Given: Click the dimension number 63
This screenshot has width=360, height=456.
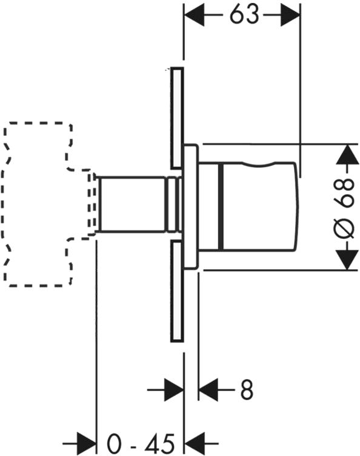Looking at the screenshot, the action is (244, 15).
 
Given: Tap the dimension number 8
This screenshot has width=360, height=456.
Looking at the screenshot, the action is (247, 390).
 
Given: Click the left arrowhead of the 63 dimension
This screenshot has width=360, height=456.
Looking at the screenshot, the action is (194, 15).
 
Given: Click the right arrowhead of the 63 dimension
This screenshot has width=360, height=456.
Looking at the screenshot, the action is (290, 15).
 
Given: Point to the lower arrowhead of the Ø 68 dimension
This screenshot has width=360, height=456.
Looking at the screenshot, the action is (347, 259).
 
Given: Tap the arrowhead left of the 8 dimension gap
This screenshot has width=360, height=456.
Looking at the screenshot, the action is (174, 390).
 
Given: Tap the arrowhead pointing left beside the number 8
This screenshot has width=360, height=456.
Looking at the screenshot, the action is (208, 390).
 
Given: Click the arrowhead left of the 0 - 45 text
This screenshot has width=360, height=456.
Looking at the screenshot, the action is (87, 444).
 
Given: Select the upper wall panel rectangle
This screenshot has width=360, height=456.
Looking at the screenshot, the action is (177, 118).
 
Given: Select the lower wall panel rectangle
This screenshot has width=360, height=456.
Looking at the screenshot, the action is (177, 291).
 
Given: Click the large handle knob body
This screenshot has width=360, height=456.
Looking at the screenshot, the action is (258, 207).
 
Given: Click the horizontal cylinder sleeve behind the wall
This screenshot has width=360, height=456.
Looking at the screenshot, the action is (133, 204).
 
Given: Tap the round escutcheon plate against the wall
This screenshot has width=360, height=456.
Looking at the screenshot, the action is (191, 207).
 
